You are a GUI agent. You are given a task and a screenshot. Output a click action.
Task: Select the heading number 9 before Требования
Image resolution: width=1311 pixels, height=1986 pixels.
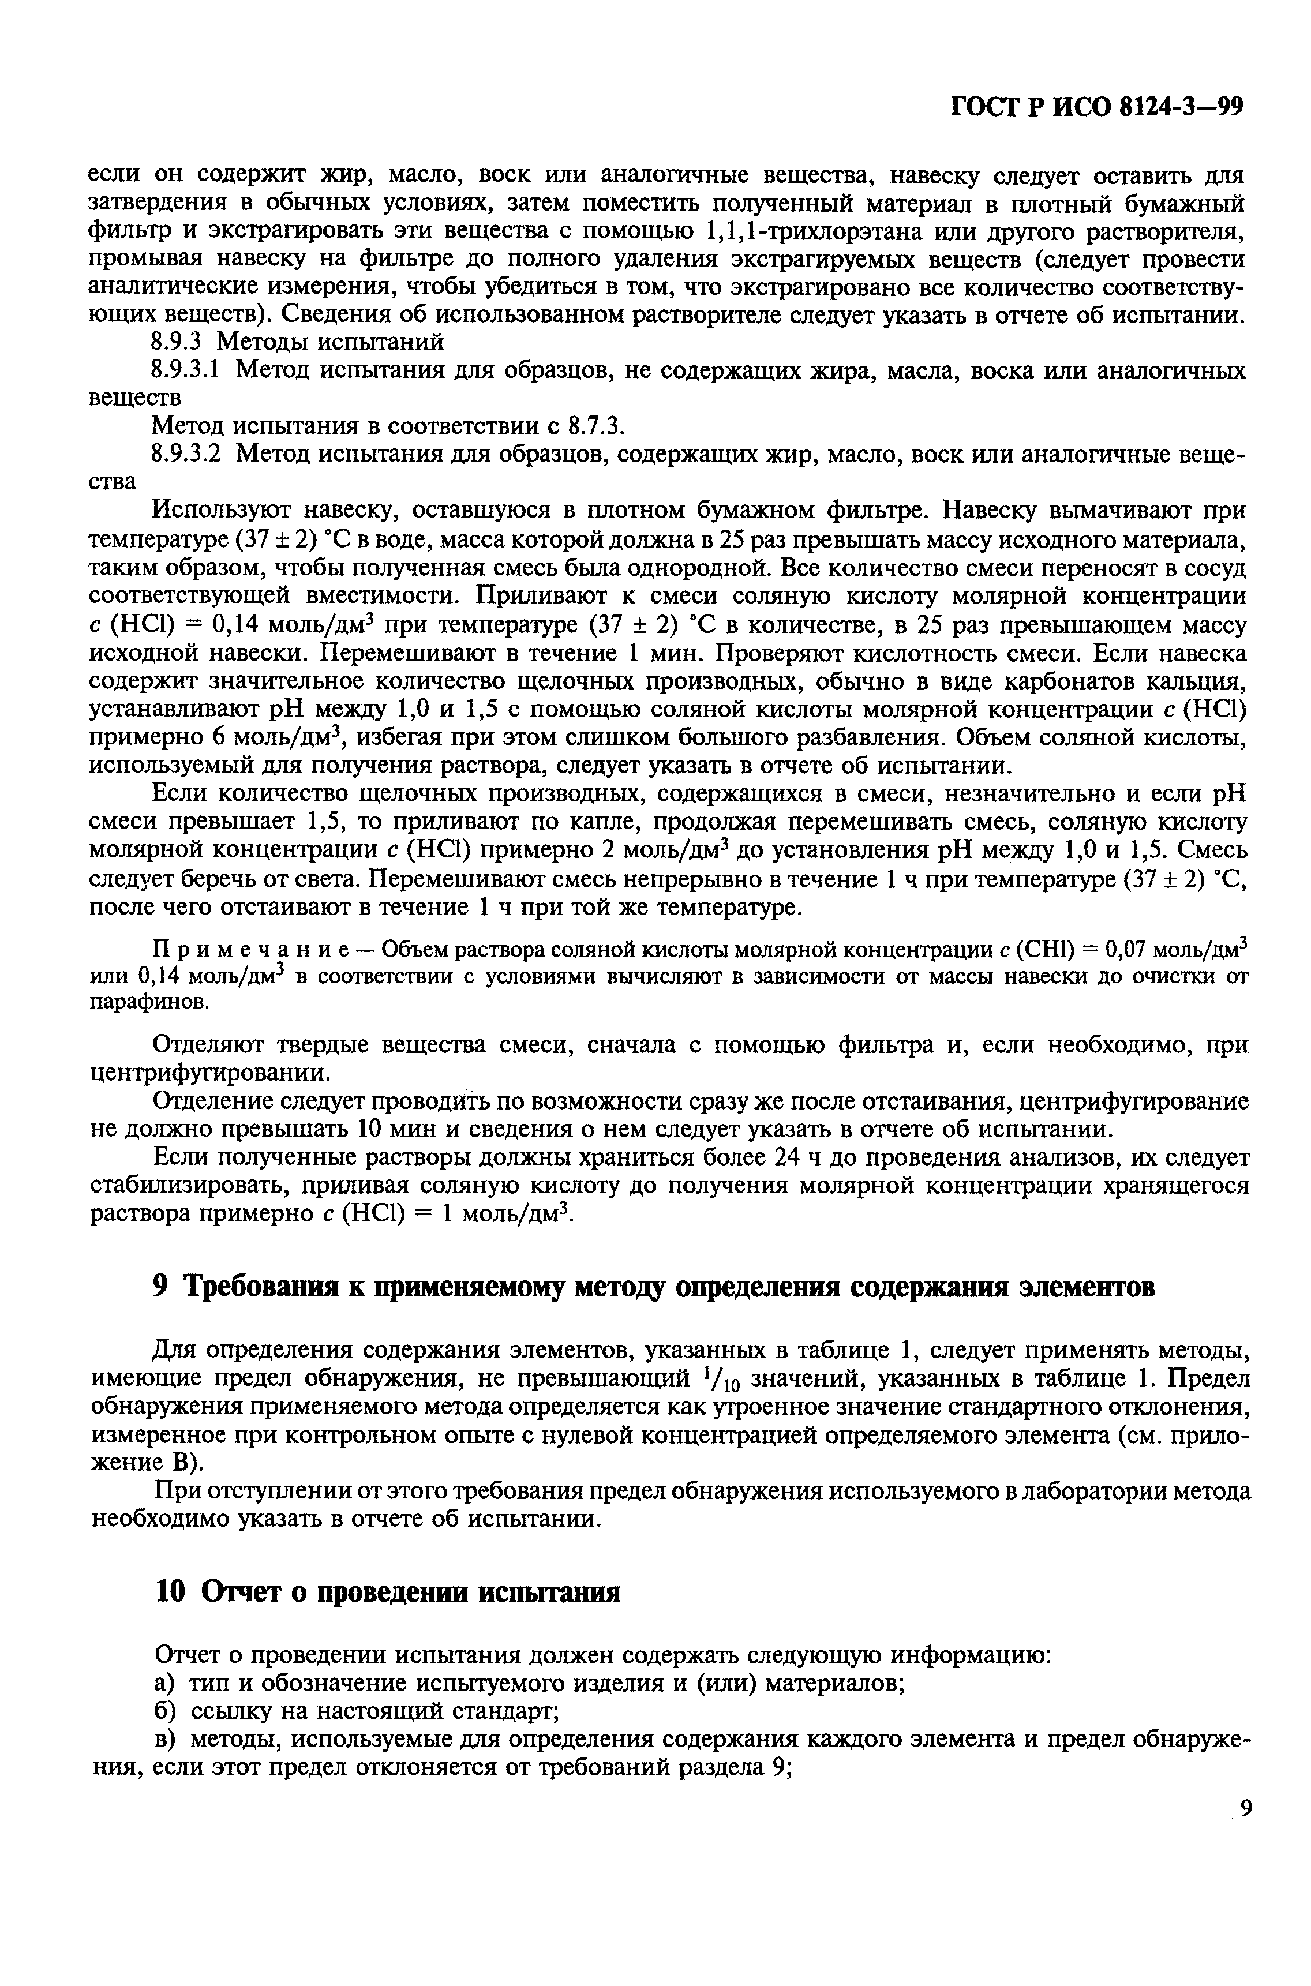[x=163, y=1288]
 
